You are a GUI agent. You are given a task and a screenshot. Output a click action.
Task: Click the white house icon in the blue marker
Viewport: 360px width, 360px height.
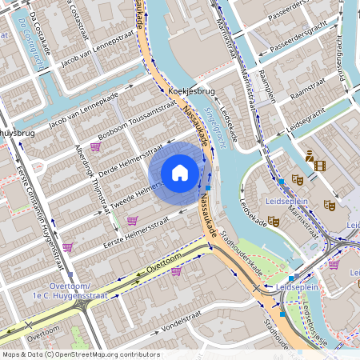tap(180, 172)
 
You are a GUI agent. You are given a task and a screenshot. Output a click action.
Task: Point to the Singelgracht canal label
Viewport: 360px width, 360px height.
tap(210, 118)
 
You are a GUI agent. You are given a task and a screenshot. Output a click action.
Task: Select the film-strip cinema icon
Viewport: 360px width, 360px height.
tap(320, 166)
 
